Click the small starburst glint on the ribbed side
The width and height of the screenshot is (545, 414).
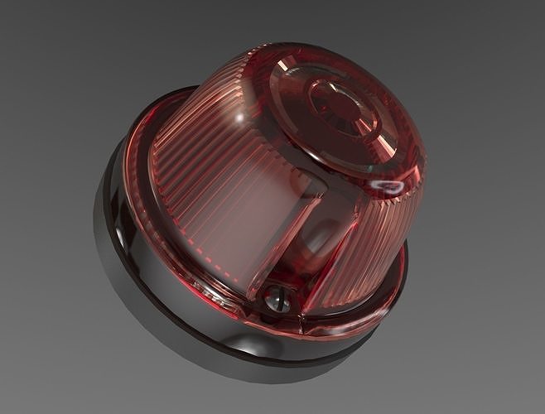[x=239, y=121]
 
